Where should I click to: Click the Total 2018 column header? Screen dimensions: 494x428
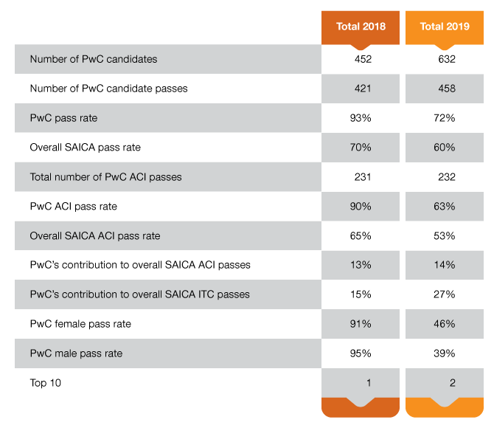(x=361, y=27)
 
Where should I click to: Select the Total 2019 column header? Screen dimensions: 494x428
(x=445, y=27)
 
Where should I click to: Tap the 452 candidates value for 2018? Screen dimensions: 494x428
(x=363, y=59)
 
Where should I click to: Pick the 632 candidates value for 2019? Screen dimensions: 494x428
(x=447, y=59)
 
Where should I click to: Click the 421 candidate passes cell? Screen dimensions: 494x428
(x=363, y=89)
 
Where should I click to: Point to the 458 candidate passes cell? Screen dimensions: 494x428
(x=447, y=89)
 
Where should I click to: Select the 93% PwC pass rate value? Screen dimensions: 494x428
(x=361, y=118)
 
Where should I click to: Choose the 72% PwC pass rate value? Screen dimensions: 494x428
(x=444, y=118)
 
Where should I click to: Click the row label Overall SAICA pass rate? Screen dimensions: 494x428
(x=85, y=148)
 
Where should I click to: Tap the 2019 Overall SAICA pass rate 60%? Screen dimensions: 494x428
(x=444, y=148)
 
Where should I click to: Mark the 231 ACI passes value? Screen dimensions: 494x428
(x=363, y=177)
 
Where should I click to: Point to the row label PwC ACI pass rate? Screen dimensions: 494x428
(x=74, y=207)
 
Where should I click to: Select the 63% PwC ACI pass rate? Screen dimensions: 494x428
(x=444, y=207)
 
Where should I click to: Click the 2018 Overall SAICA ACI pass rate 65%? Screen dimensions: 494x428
(x=361, y=236)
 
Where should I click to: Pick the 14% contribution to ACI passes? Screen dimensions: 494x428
(x=445, y=265)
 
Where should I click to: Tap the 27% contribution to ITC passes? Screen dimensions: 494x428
(x=444, y=294)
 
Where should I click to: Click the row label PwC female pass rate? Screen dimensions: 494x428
(x=80, y=324)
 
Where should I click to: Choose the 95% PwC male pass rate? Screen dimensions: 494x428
(x=361, y=353)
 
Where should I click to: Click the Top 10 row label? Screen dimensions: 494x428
(x=46, y=383)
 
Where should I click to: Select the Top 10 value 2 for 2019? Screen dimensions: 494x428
(x=453, y=383)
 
